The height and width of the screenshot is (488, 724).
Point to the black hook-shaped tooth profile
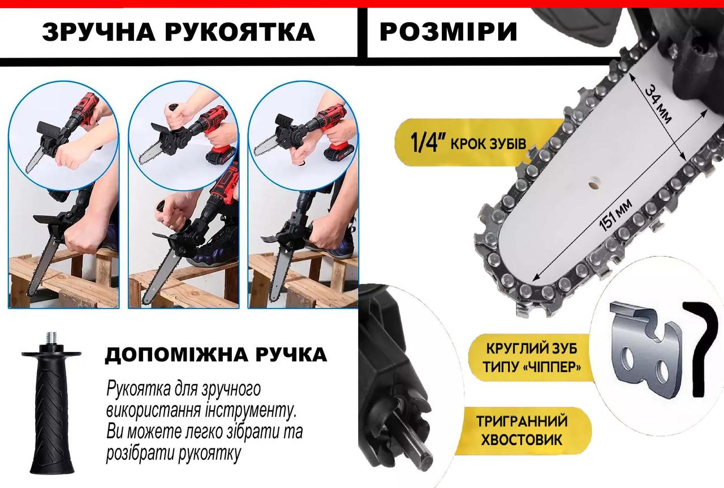click(701, 345)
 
